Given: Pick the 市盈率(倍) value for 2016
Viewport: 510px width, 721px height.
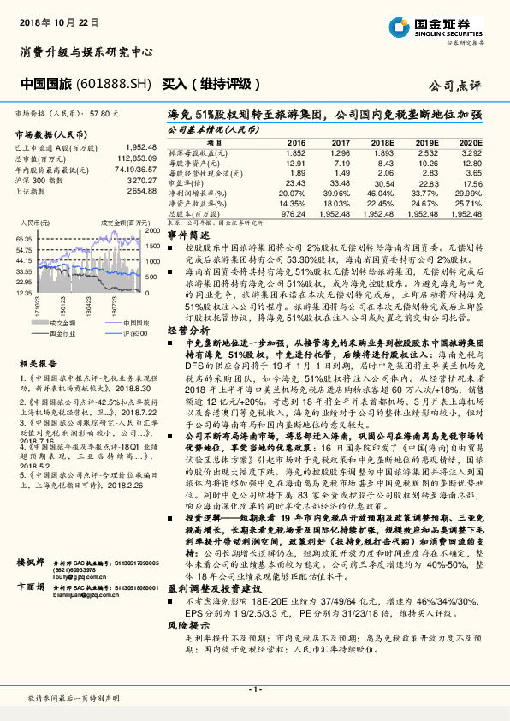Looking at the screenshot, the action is coord(295,182).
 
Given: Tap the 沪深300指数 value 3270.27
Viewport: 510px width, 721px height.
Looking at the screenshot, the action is coord(139,181).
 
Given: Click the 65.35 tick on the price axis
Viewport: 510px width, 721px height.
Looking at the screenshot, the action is coord(24,240).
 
